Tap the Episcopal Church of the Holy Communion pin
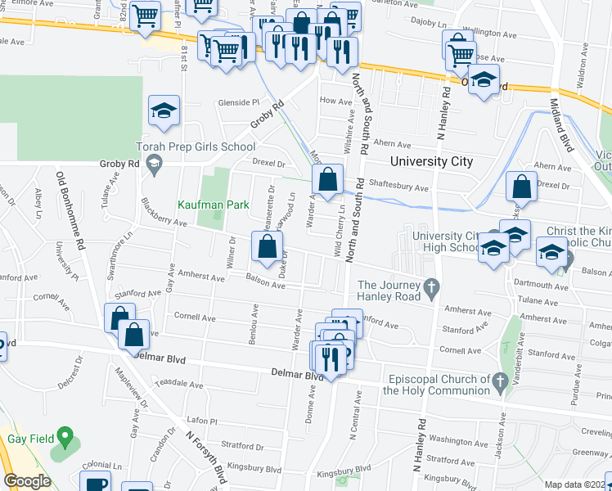500,380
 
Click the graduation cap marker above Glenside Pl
164,110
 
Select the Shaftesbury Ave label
398,187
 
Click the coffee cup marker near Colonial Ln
96,483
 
